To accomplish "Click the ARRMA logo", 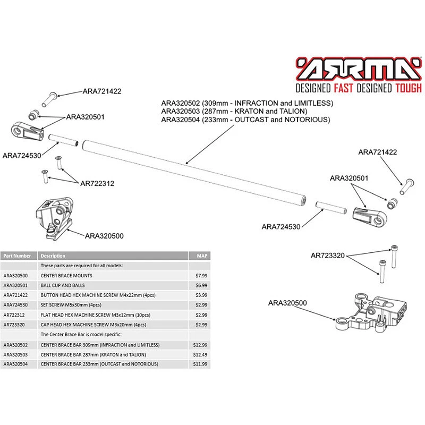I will pyautogui.click(x=359, y=69).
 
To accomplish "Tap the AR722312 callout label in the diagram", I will pyautogui.click(x=97, y=184).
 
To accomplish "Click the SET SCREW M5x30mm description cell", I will pyautogui.click(x=71, y=305).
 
